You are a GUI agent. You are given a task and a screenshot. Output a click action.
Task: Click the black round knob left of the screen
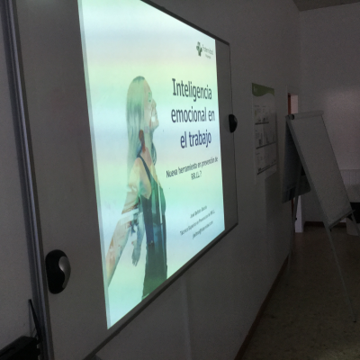(58, 270)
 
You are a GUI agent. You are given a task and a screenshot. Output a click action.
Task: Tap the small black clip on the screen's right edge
(232, 122)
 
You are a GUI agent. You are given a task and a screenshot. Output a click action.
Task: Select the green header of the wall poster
(262, 91)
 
